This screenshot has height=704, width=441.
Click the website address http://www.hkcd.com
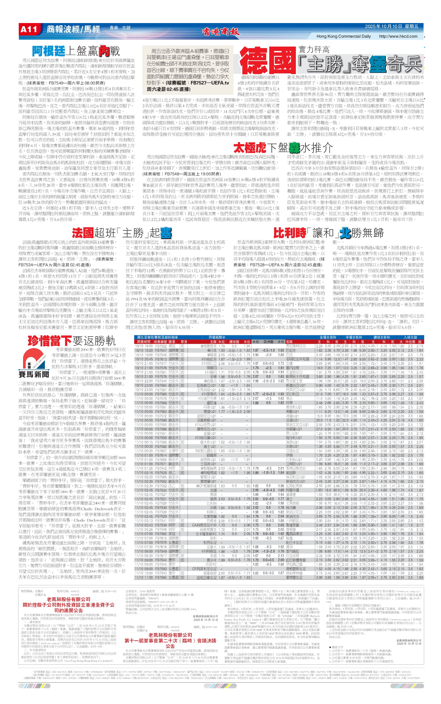pyautogui.click(x=398, y=36)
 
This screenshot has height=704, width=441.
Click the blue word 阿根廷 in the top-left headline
pyautogui.click(x=48, y=51)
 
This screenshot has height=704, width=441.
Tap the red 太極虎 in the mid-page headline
pyautogui.click(x=250, y=148)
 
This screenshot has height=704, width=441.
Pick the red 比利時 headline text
pyautogui.click(x=290, y=233)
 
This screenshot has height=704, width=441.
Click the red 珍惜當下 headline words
pyautogui.click(x=50, y=341)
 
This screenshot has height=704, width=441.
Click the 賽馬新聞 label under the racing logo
pyautogui.click(x=34, y=375)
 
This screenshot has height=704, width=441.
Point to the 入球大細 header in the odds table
pyautogui.click(x=410, y=337)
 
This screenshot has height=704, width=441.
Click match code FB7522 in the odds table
pyautogui.click(x=161, y=346)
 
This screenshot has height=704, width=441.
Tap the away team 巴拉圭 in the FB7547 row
pyautogui.click(x=291, y=350)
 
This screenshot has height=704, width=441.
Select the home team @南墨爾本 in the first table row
pyautogui.click(x=208, y=346)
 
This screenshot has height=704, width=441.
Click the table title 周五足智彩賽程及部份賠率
pyautogui.click(x=158, y=337)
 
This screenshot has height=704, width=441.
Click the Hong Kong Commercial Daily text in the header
pyautogui.click(x=343, y=36)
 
